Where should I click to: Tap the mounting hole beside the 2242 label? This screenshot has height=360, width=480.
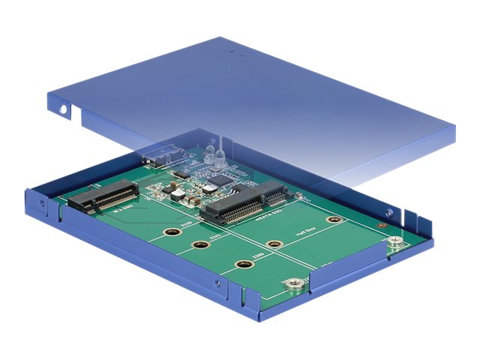point(200,244)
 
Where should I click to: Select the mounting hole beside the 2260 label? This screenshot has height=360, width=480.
point(242,264)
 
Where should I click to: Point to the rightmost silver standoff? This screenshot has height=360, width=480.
point(394,241)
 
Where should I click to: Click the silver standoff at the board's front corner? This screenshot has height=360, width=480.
point(295,283)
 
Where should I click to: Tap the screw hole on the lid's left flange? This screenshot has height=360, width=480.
point(63,109)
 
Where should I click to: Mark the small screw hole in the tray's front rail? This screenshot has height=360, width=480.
point(218,286)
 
